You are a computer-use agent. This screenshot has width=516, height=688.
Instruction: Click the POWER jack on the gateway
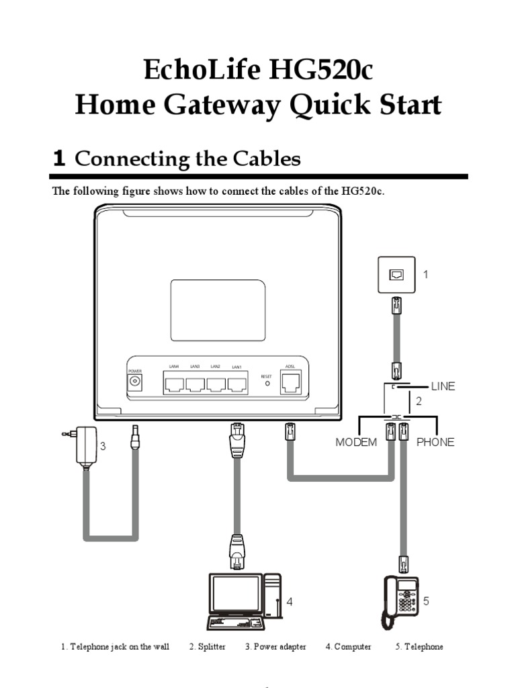coord(135,382)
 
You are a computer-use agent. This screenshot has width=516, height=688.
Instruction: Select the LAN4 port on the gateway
coord(175,384)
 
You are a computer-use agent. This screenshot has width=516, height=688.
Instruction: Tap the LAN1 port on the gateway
coord(236,384)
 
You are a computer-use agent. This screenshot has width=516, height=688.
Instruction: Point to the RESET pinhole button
coord(266,384)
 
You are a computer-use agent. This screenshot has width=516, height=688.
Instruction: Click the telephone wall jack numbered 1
coord(396,274)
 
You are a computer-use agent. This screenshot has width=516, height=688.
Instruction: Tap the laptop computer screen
coord(235,594)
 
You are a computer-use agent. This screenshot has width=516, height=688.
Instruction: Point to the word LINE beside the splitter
coord(443,386)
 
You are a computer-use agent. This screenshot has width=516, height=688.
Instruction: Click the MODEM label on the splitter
coord(356,442)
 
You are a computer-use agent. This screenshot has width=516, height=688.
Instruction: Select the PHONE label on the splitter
coord(435,442)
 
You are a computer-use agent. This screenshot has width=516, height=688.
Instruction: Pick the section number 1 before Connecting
coord(59,159)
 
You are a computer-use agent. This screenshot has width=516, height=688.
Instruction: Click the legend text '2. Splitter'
coord(207,646)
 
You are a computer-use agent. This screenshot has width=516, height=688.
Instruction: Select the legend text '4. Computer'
coord(348,646)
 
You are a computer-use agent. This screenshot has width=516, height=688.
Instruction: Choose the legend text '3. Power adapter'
coord(275,646)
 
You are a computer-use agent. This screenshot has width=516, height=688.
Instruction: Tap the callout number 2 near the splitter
coord(419,402)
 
